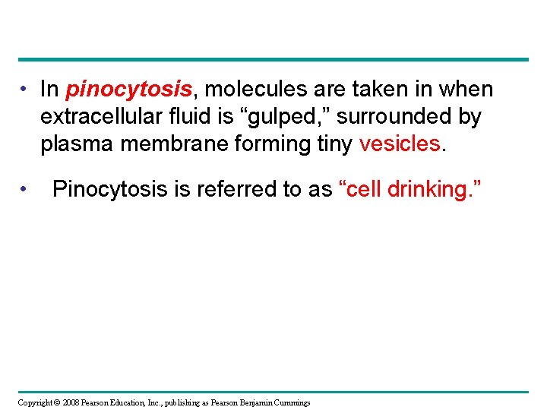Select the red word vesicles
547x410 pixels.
[x=398, y=143]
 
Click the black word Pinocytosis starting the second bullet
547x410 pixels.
[x=109, y=189]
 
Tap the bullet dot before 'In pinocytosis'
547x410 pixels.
[x=25, y=90]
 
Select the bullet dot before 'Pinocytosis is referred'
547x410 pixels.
[x=25, y=189]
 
